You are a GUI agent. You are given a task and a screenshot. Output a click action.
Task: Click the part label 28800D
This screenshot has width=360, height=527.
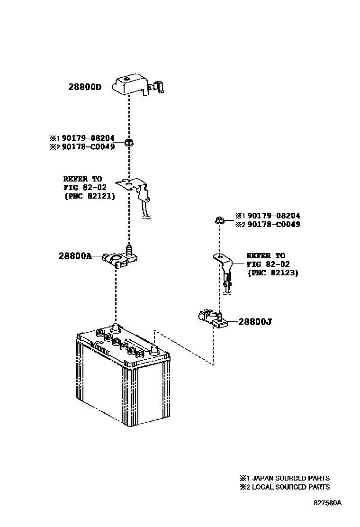(85, 87)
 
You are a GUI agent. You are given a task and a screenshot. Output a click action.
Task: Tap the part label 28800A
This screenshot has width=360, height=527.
(75, 256)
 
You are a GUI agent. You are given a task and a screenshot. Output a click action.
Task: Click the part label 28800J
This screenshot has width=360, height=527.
(255, 322)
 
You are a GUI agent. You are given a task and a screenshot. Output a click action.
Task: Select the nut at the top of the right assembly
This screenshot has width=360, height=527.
(219, 219)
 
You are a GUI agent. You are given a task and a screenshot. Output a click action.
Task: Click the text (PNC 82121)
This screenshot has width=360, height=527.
(90, 196)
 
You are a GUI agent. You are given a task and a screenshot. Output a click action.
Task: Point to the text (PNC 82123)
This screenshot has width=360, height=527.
(273, 273)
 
